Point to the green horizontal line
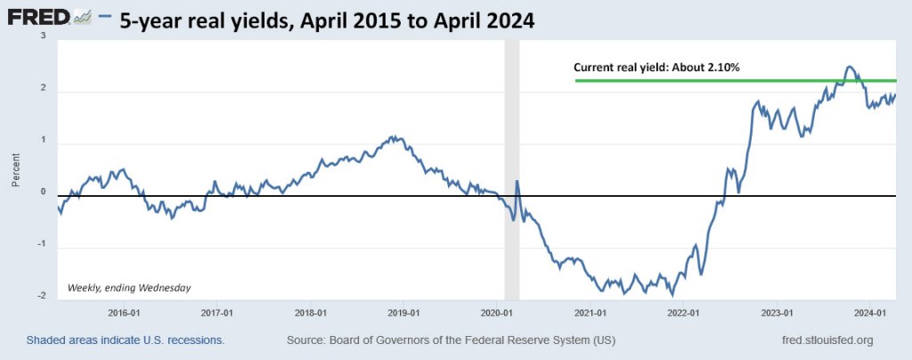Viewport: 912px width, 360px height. click(712, 81)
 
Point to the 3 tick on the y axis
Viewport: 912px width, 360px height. click(42, 36)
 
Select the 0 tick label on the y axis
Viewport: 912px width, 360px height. click(42, 192)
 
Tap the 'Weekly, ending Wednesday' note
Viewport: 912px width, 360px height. click(129, 287)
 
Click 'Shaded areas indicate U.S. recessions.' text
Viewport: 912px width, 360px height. click(126, 340)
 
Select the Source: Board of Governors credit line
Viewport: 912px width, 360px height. click(451, 340)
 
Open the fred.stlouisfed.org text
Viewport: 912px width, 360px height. click(826, 340)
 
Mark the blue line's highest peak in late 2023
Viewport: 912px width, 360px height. click(849, 67)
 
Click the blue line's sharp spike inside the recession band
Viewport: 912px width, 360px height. click(517, 182)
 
